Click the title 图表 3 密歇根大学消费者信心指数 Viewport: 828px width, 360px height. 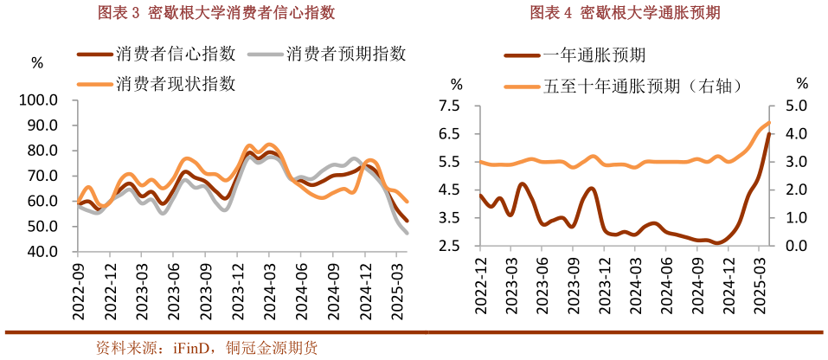pos(215,13)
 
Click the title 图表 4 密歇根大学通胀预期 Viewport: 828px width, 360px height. pos(625,13)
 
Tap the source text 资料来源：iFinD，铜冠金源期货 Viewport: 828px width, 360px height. pos(206,348)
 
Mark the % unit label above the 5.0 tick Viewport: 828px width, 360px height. pos(801,83)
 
